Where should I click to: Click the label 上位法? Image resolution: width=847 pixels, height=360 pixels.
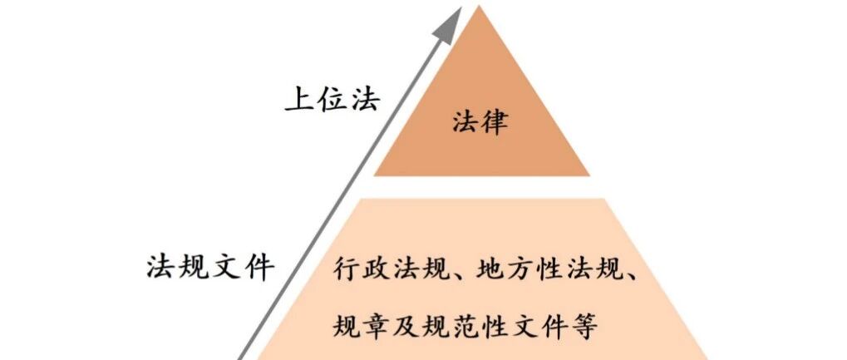[x=332, y=99]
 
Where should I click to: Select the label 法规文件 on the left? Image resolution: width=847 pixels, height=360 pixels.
[x=209, y=266]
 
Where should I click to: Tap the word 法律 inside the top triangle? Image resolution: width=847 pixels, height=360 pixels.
[x=480, y=122]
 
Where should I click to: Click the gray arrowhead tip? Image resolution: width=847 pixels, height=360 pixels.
[x=461, y=7]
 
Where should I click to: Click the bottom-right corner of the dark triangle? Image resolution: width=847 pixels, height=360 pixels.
[x=589, y=175]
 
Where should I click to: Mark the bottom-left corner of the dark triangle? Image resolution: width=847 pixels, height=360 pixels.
[x=374, y=175]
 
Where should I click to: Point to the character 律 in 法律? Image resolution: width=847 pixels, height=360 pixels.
[x=495, y=122]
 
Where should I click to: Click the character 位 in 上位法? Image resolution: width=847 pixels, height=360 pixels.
[x=332, y=99]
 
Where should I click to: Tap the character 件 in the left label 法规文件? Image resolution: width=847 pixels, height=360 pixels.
[x=258, y=266]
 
